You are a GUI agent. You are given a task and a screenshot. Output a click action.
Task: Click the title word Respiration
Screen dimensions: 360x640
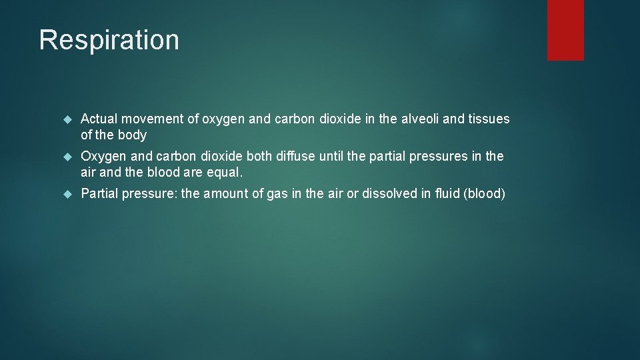109,40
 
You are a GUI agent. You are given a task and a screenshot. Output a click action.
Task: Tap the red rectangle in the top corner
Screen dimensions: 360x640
565,29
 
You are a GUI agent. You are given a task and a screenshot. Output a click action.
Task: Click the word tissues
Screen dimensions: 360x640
489,119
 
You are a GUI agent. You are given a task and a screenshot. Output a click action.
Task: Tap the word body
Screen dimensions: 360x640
132,135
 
